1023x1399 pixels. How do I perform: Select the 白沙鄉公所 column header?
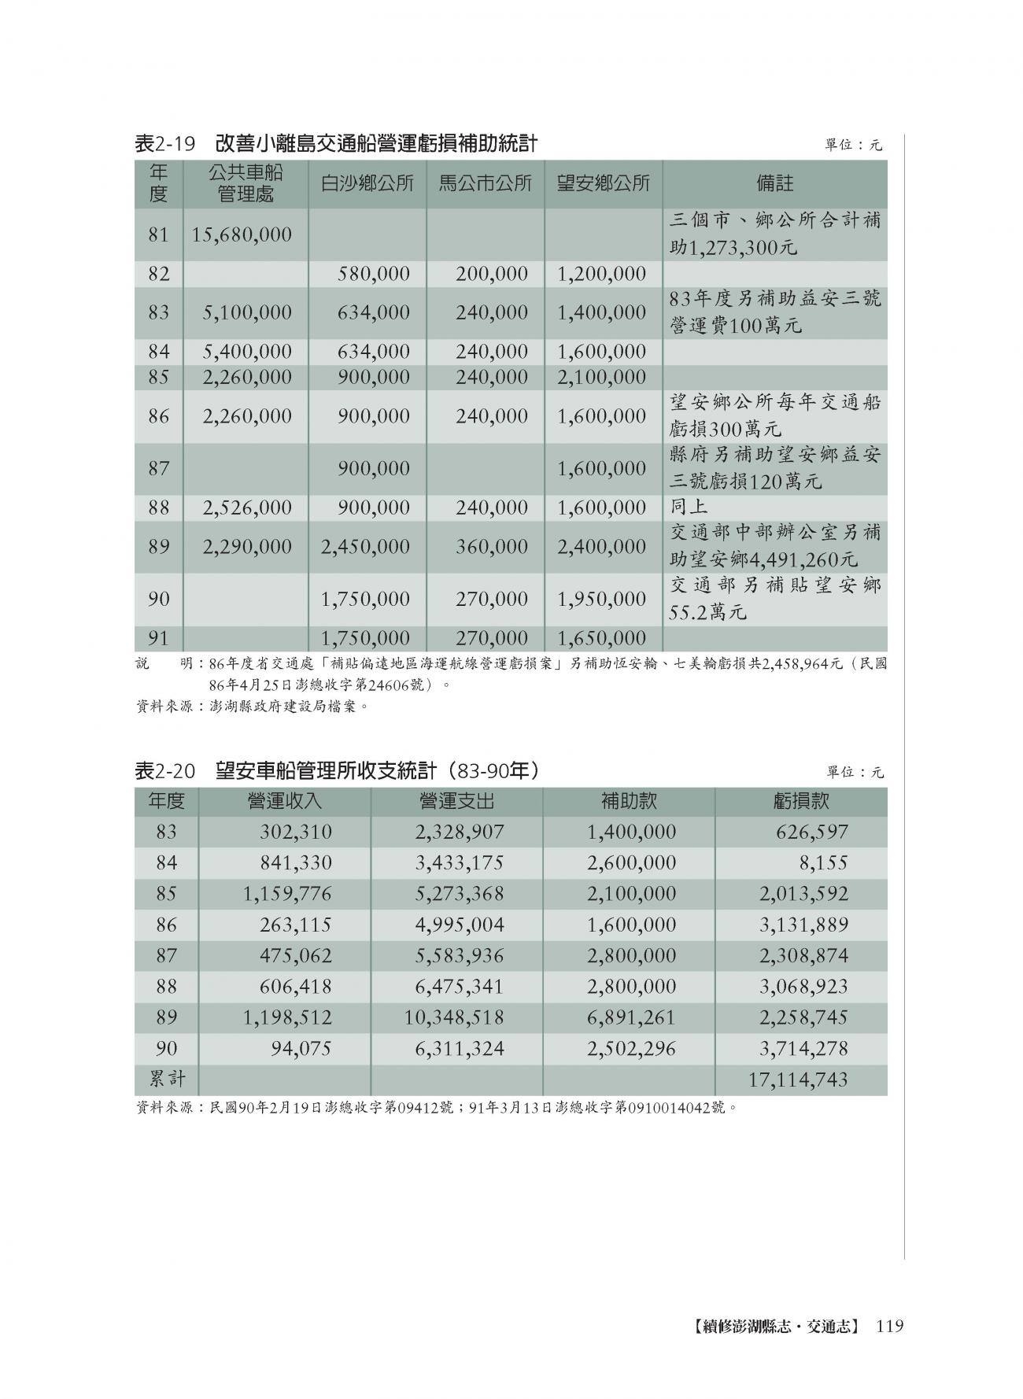click(x=367, y=184)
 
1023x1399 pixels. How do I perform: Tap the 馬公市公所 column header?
click(x=485, y=184)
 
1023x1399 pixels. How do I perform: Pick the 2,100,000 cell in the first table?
click(x=601, y=377)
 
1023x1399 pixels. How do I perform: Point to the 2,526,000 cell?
click(x=247, y=508)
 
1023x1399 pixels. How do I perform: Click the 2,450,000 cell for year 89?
click(x=365, y=546)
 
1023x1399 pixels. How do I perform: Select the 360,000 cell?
click(x=491, y=546)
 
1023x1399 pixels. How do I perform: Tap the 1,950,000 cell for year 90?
click(x=601, y=599)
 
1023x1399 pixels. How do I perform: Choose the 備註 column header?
click(x=774, y=184)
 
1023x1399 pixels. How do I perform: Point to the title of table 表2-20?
click(x=338, y=771)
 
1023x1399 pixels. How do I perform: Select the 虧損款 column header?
click(x=801, y=801)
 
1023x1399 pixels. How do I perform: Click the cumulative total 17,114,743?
click(x=798, y=1080)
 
